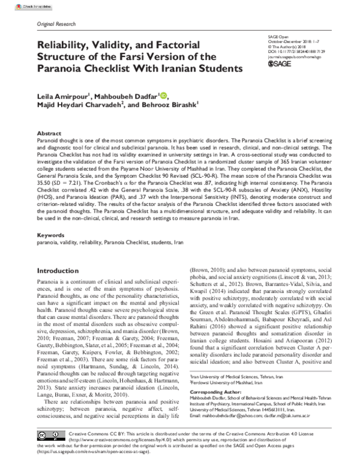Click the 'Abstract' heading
point(49,133)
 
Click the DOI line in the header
point(293,51)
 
